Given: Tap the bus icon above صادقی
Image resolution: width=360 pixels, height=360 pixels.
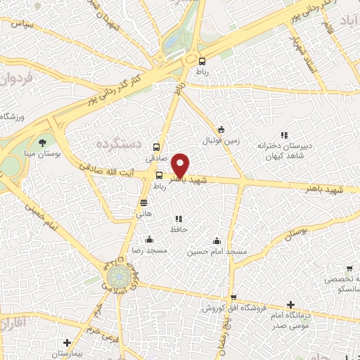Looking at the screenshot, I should click(x=155, y=148).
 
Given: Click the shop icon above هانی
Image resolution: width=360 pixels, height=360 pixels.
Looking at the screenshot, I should click(x=143, y=202).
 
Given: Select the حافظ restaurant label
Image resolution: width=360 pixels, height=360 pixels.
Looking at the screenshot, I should click(x=177, y=230).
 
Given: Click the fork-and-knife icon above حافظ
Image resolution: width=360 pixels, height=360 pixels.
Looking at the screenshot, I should click(x=177, y=219).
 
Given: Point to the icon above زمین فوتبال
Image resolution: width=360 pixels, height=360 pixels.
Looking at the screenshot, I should click(x=221, y=129).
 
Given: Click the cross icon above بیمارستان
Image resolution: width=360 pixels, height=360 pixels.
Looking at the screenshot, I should click(x=67, y=343).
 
